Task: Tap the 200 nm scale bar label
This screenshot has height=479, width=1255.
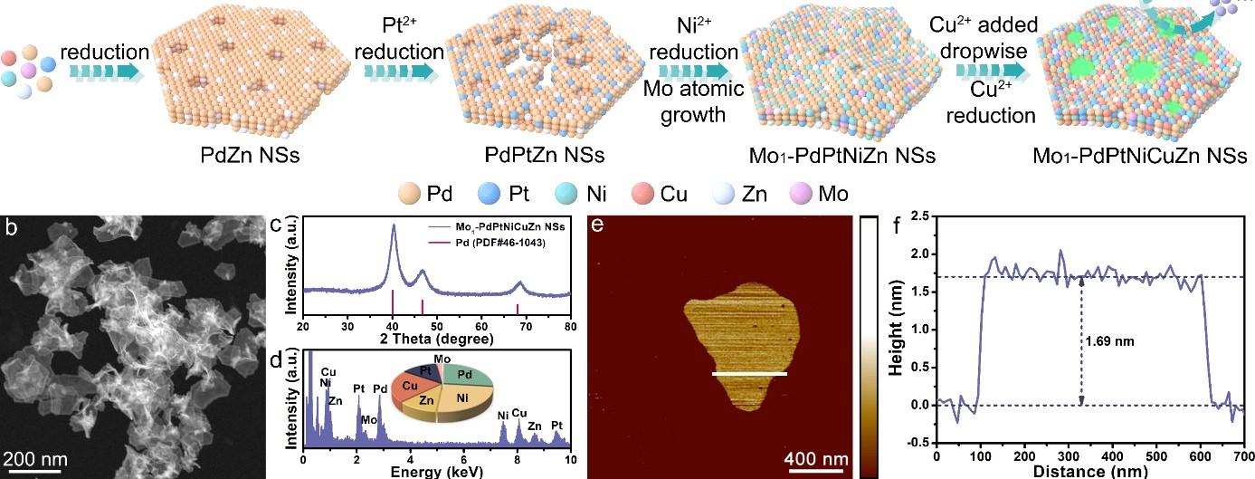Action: pyautogui.click(x=33, y=456)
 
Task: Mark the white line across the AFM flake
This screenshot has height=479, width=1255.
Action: pyautogui.click(x=749, y=373)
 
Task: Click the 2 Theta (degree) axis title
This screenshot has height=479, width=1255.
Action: pyautogui.click(x=436, y=339)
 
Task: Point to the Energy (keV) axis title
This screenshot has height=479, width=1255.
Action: pyautogui.click(x=436, y=471)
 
